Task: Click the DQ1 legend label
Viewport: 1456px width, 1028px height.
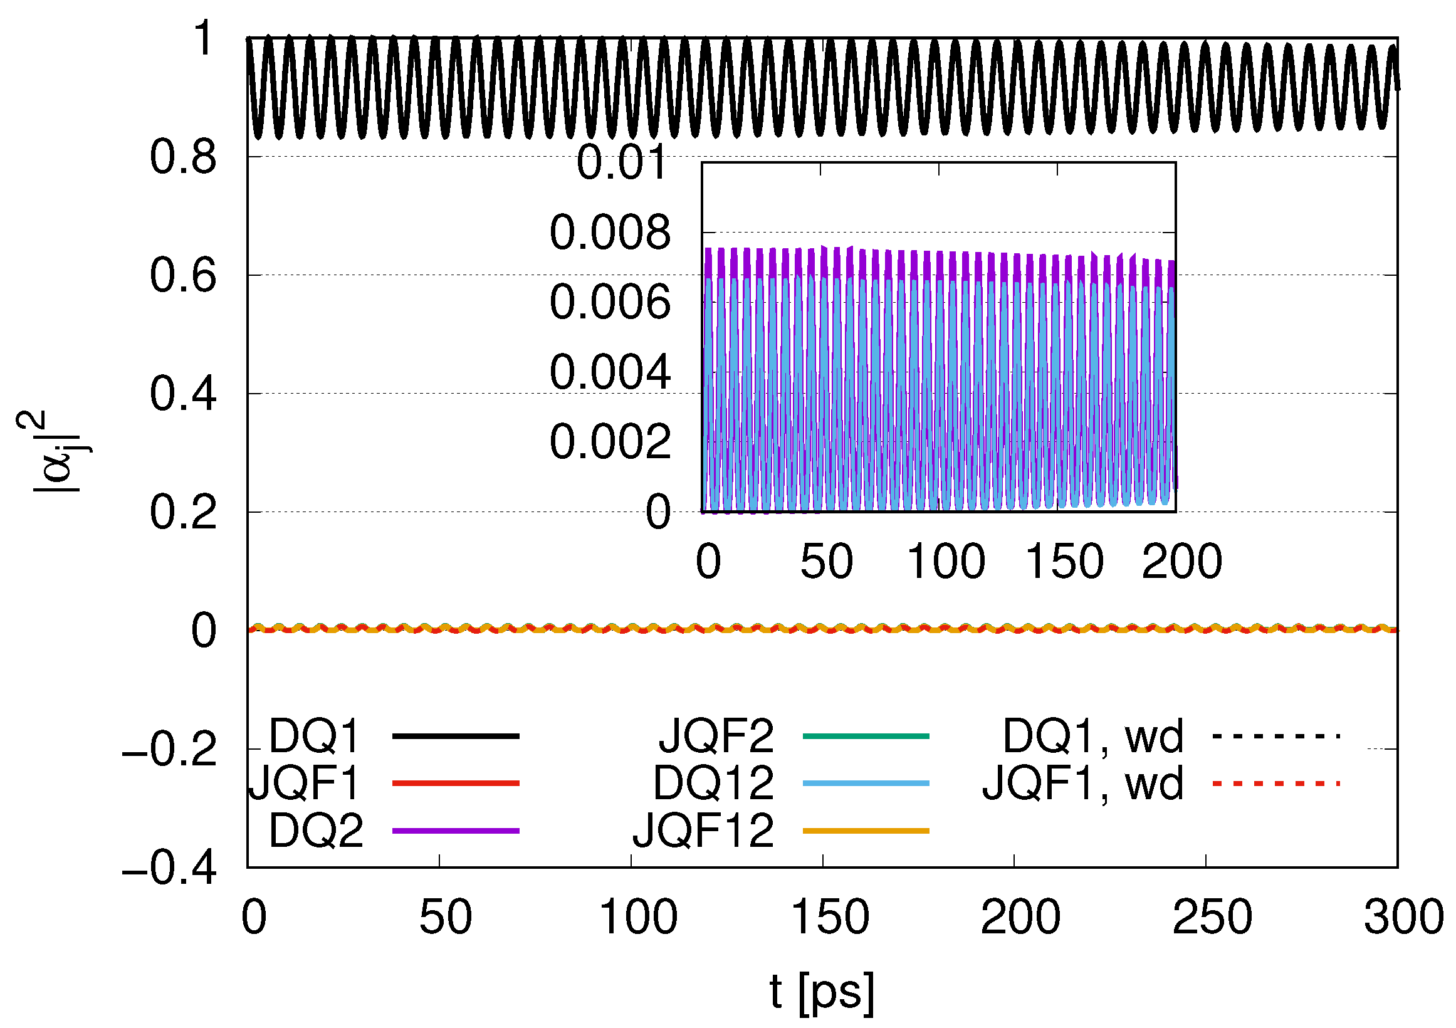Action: (x=315, y=737)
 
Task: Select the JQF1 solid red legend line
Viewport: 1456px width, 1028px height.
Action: (x=456, y=784)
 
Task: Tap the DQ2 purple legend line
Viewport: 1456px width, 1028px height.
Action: (x=456, y=831)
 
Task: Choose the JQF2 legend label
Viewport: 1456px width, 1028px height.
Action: (x=716, y=737)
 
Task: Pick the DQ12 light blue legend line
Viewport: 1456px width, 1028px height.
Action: (x=866, y=784)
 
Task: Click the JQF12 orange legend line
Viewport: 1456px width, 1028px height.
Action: (x=866, y=831)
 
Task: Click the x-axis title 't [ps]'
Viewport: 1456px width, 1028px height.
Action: (x=822, y=991)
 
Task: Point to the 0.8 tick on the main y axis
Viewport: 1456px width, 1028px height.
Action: (x=183, y=157)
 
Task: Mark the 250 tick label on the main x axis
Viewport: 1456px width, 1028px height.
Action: (x=1211, y=917)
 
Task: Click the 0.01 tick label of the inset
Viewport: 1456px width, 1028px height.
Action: (x=622, y=162)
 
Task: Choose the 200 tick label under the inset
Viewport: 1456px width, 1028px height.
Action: (x=1181, y=562)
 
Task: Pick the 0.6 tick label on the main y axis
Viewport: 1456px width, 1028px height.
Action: (x=183, y=276)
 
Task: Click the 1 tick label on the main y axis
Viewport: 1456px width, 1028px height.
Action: (x=204, y=39)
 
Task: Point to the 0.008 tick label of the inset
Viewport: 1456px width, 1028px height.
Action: (x=610, y=232)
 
